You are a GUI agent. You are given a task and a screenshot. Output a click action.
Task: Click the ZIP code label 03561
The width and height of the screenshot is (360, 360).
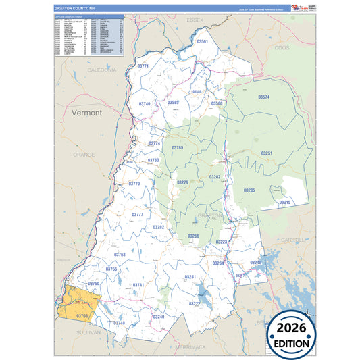[x=202, y=42]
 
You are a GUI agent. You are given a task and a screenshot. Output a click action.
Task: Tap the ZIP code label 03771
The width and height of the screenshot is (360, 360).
[x=143, y=66]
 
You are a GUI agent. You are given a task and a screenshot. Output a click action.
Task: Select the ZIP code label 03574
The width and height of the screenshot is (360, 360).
[x=263, y=97]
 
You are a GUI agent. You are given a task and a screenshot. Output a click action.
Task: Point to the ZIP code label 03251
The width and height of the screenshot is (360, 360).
[x=267, y=153]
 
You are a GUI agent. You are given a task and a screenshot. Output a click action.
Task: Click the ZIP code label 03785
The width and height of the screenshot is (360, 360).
[x=177, y=147]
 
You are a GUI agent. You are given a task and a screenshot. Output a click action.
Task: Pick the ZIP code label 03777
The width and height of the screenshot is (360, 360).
[x=137, y=214]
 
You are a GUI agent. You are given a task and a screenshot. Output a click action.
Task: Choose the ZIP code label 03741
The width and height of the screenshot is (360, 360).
[x=138, y=285]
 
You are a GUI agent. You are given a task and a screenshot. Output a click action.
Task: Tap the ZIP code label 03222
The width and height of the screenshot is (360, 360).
[x=194, y=303]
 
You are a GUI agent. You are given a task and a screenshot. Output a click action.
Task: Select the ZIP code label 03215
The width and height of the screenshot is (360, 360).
[x=284, y=203]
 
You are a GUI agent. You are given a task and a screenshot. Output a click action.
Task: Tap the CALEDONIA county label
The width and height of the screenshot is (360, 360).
[x=102, y=70]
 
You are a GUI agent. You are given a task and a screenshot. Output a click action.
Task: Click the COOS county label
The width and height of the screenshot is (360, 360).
[x=282, y=48]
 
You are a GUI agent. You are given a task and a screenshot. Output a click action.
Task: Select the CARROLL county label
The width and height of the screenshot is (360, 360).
[x=292, y=240]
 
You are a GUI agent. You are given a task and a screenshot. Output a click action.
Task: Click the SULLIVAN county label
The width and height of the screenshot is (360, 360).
[x=87, y=332]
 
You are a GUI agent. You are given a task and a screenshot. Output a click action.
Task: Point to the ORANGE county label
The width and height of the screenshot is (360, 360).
[x=84, y=155]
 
